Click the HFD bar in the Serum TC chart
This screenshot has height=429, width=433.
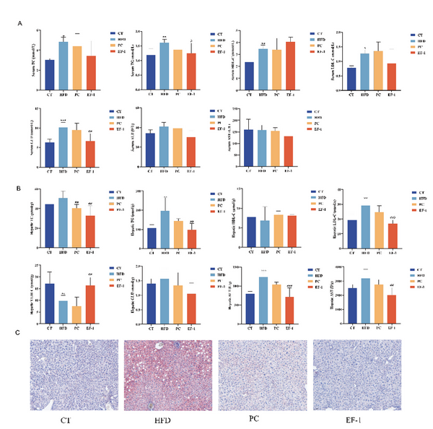[x=64, y=65]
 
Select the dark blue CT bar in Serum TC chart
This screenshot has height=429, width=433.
[x=50, y=74]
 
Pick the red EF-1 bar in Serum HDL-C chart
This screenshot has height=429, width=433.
[x=289, y=65]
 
